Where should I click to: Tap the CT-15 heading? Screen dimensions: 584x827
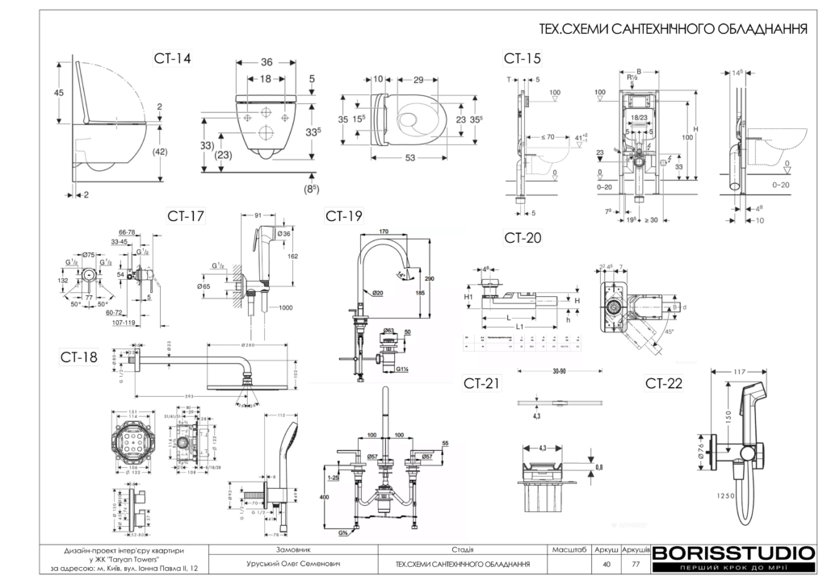(x=522, y=58)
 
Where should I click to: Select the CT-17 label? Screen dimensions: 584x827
(x=186, y=215)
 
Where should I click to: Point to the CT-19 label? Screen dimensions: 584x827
(x=344, y=215)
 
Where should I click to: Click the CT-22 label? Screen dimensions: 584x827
(x=664, y=383)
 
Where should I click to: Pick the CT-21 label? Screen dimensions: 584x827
(x=482, y=382)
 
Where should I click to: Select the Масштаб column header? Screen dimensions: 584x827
(x=569, y=549)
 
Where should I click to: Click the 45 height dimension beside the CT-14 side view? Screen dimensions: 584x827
(x=59, y=93)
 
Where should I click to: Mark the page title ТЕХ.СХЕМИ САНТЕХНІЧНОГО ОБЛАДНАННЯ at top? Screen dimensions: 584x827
(x=674, y=30)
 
